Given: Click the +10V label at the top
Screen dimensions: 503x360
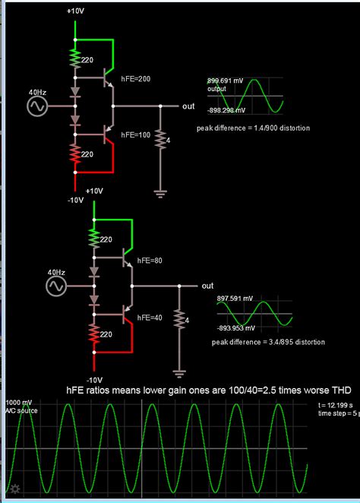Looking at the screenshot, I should pyautogui.click(x=76, y=11).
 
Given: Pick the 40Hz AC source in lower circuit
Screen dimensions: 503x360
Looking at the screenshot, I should pyautogui.click(x=55, y=286).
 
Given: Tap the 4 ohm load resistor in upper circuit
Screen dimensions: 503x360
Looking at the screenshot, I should pyautogui.click(x=160, y=139).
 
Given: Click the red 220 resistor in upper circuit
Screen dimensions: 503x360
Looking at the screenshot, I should pyautogui.click(x=75, y=155).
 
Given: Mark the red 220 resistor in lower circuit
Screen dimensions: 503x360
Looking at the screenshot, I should pyautogui.click(x=94, y=334).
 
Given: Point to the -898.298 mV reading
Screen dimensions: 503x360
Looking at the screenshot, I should pyautogui.click(x=229, y=109).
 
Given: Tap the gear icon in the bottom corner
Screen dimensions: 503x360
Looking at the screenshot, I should pyautogui.click(x=13, y=489).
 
